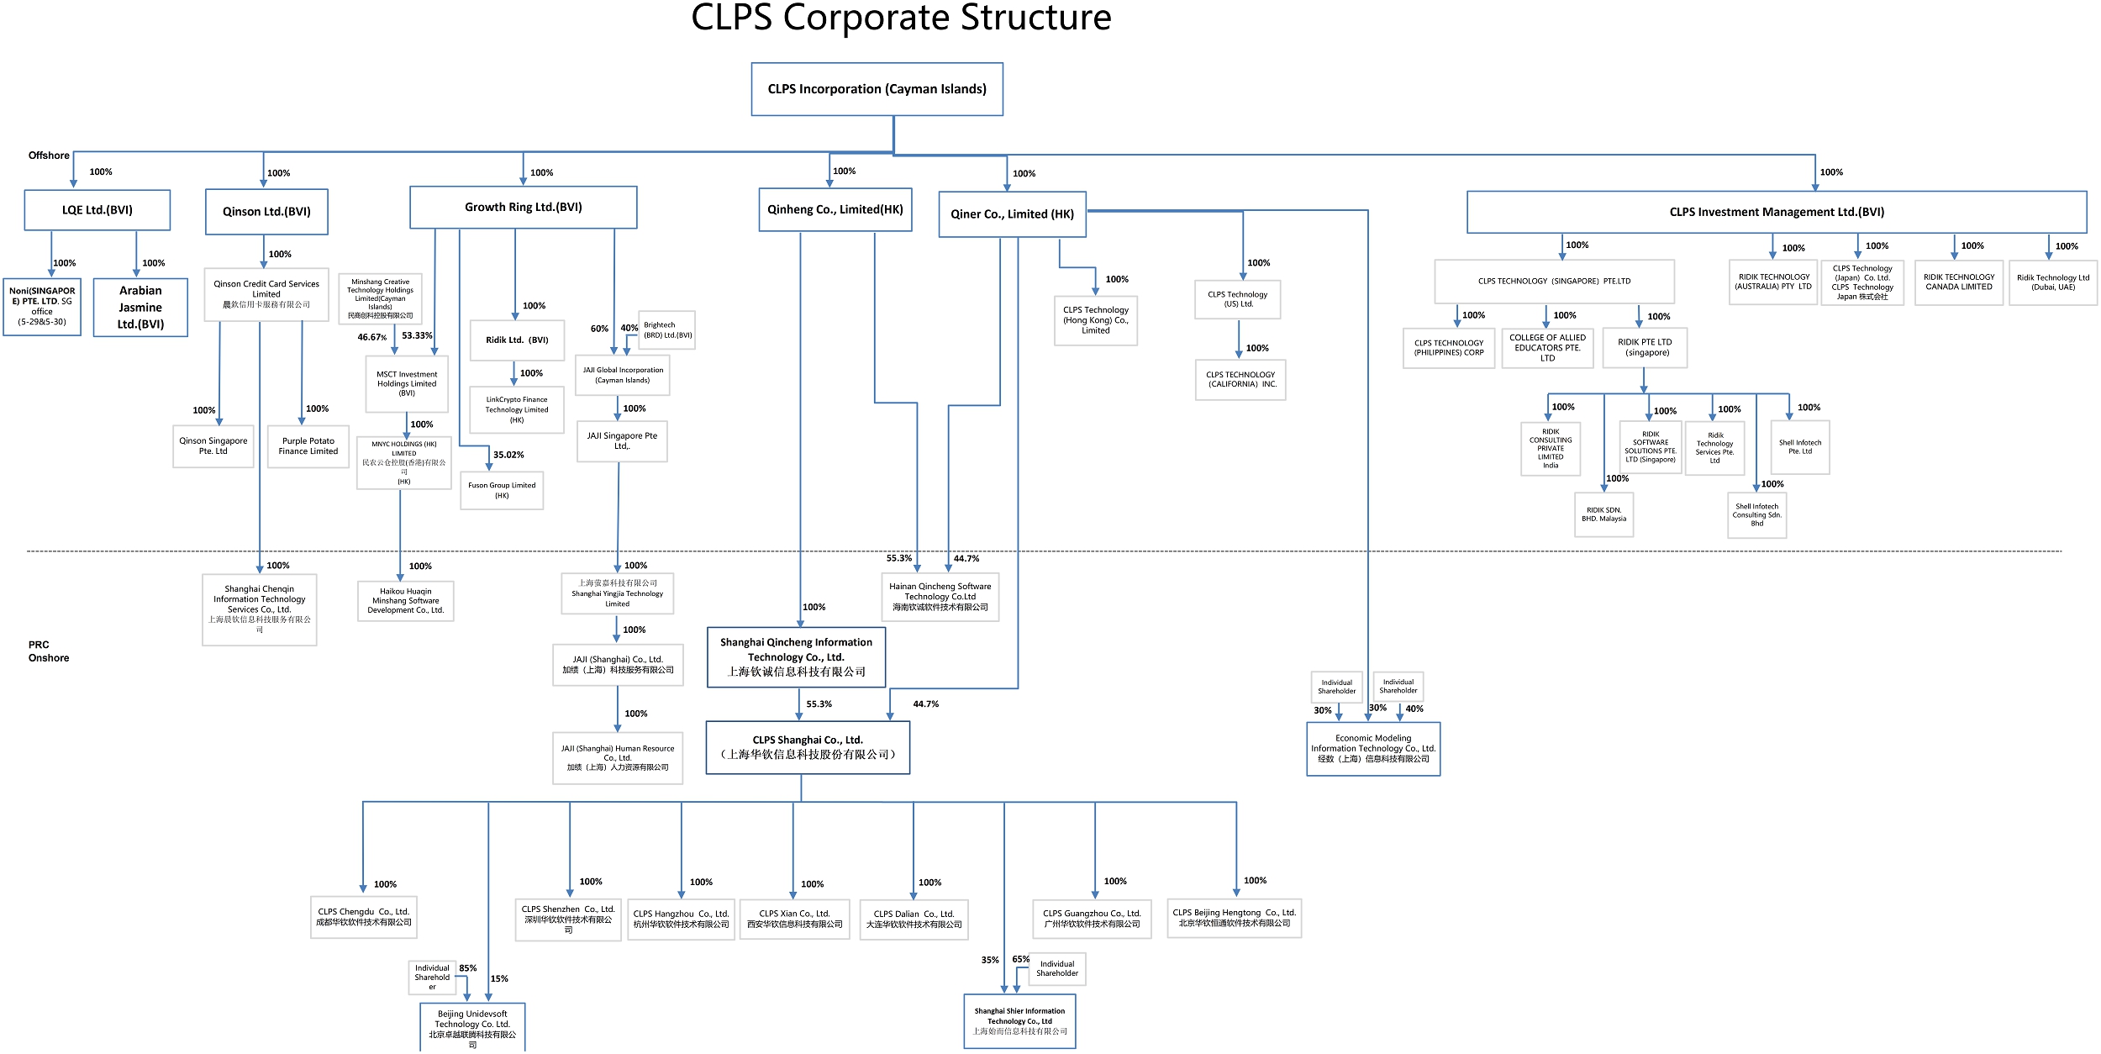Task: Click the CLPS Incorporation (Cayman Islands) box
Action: pyautogui.click(x=877, y=89)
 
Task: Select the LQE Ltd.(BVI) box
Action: pyautogui.click(x=97, y=210)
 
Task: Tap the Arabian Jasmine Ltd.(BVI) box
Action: pyautogui.click(x=140, y=308)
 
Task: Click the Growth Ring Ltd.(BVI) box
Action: pyautogui.click(x=523, y=208)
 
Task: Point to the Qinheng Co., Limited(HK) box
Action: pyautogui.click(x=835, y=209)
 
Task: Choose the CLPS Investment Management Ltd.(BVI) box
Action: pyautogui.click(x=1776, y=213)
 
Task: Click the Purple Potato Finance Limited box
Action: pyautogui.click(x=308, y=446)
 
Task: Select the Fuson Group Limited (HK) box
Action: pyautogui.click(x=502, y=490)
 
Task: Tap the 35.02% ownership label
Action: pyautogui.click(x=508, y=455)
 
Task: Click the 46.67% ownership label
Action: pyautogui.click(x=371, y=337)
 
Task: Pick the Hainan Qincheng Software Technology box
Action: pyautogui.click(x=940, y=597)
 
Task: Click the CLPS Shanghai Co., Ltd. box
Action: pyautogui.click(x=807, y=747)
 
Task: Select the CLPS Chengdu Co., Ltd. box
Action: pyautogui.click(x=363, y=917)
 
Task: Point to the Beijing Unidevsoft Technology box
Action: pyautogui.click(x=472, y=1028)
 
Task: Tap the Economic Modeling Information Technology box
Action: pyautogui.click(x=1372, y=749)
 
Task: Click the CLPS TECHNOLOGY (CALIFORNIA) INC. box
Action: pyautogui.click(x=1240, y=380)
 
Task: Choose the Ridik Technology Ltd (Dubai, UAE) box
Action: pyautogui.click(x=2052, y=282)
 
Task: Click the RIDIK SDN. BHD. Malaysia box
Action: pyautogui.click(x=1603, y=514)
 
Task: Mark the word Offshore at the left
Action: pyautogui.click(x=49, y=155)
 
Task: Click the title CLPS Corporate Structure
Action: pyautogui.click(x=901, y=18)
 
